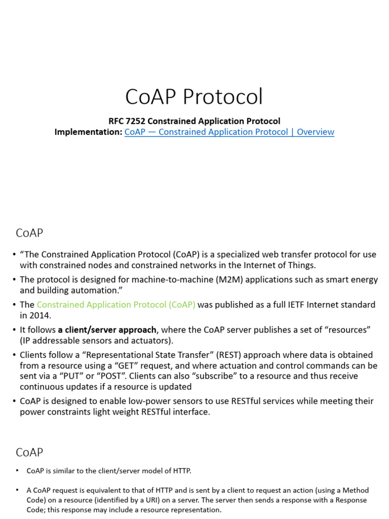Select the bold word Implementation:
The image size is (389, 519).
pos(89,132)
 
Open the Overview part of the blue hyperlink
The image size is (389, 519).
pos(316,132)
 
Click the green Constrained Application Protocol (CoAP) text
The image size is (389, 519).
pos(116,305)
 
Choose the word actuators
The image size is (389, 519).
pos(149,341)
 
